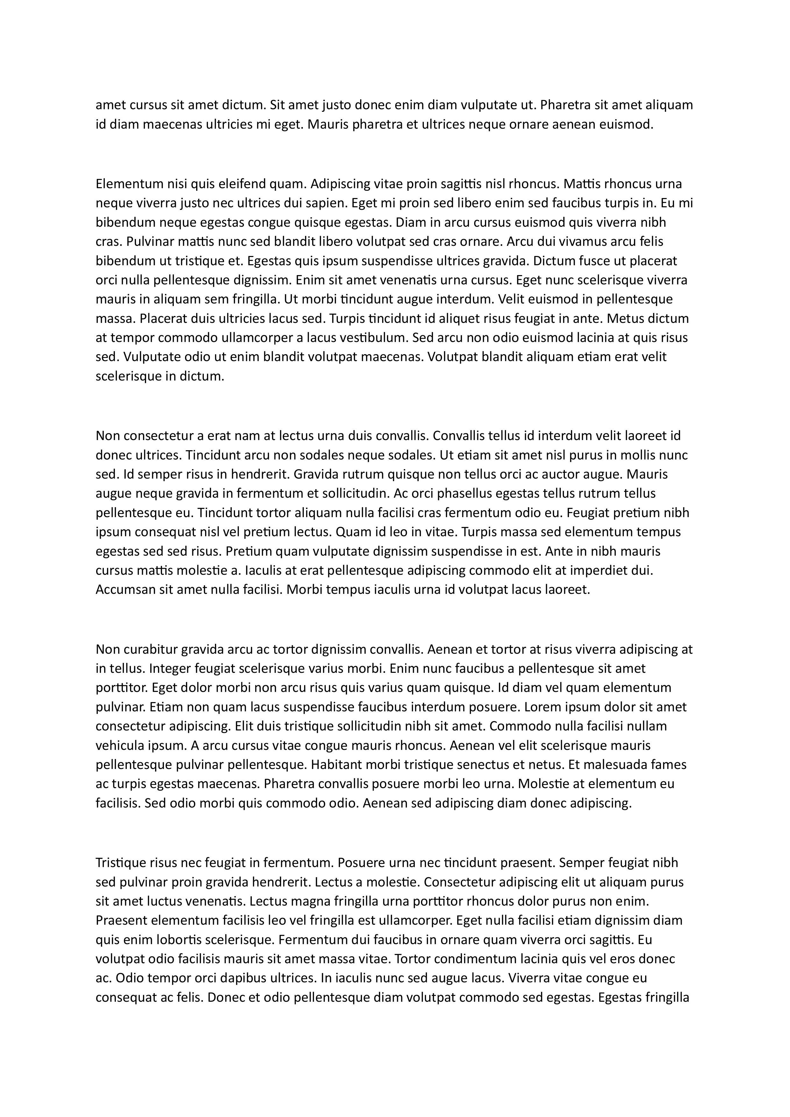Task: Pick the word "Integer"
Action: point(169,668)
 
